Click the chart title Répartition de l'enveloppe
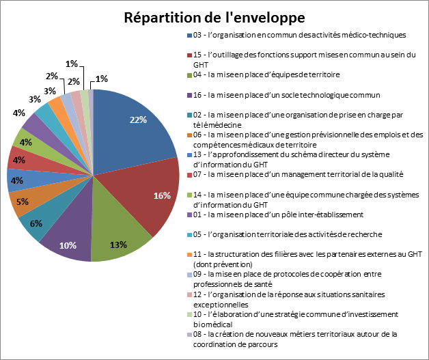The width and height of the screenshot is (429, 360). [x=214, y=16]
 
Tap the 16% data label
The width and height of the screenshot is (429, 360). [x=161, y=196]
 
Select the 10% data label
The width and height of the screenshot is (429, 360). [x=68, y=245]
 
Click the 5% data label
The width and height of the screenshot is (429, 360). [x=23, y=202]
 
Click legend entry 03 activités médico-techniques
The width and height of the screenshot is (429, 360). [x=301, y=35]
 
